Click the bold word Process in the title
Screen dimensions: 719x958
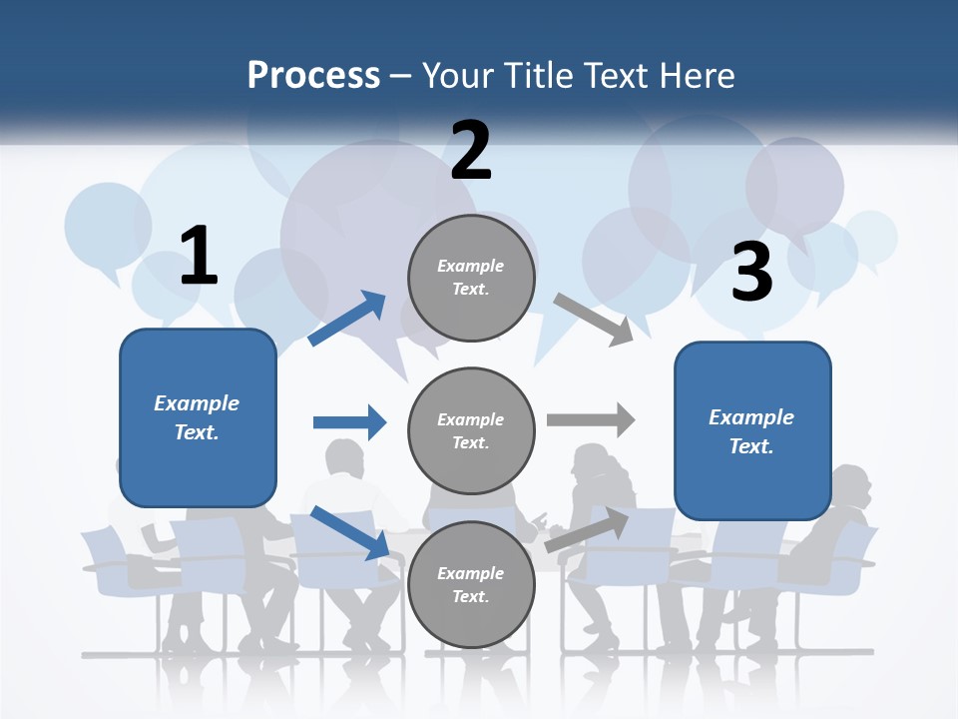click(x=313, y=75)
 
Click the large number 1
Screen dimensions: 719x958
click(x=199, y=256)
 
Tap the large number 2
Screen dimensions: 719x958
click(x=471, y=151)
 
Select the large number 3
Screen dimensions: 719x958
click(x=752, y=272)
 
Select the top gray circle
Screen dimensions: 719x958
click(x=471, y=278)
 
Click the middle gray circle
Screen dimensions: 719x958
click(x=471, y=430)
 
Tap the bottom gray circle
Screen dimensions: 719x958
click(x=471, y=584)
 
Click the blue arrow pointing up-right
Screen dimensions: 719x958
click(x=347, y=319)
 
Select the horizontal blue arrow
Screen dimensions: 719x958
click(x=349, y=422)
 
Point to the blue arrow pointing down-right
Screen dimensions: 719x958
click(x=349, y=532)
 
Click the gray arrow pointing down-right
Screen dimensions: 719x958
click(x=594, y=320)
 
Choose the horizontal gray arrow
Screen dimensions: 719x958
click(x=591, y=419)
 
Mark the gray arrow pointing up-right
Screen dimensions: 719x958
click(x=588, y=529)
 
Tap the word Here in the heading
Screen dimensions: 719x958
click(x=698, y=75)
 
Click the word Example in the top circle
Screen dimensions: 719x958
click(x=471, y=266)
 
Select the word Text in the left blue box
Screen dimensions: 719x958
click(x=196, y=432)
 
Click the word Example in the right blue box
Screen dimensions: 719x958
click(x=751, y=417)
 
